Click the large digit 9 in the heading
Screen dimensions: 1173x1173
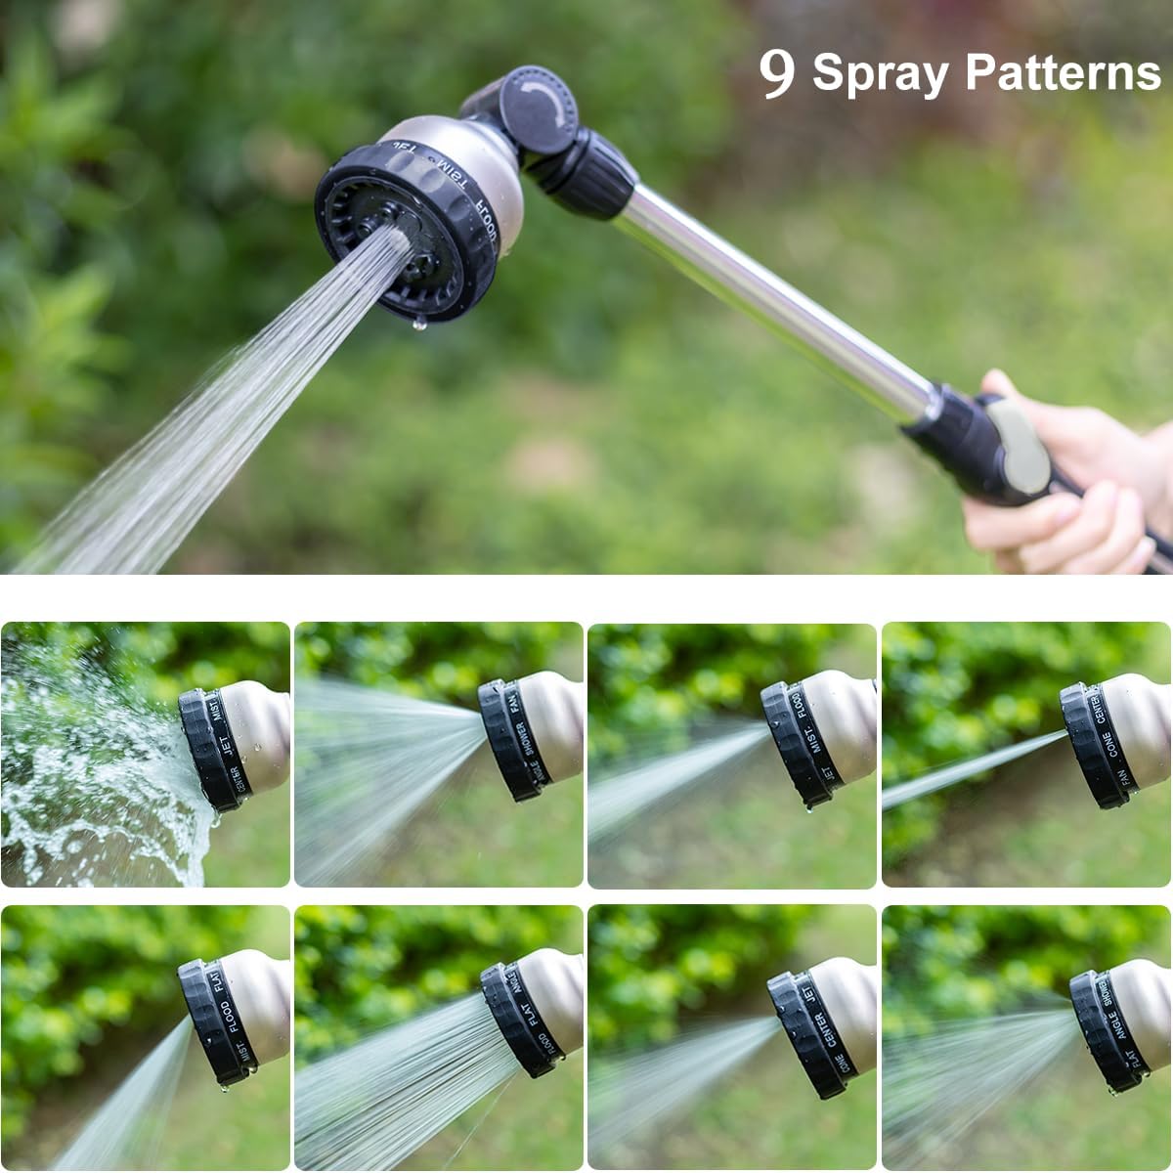pos(777,72)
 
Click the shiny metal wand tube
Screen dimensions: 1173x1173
pos(772,293)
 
